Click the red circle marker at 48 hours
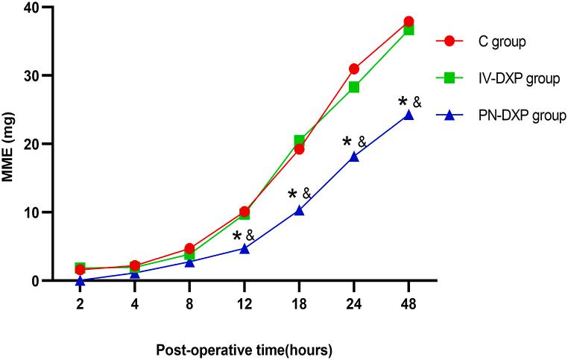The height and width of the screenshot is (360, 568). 408,22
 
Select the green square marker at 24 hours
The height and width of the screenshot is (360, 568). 354,87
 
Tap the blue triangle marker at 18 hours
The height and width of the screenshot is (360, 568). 299,211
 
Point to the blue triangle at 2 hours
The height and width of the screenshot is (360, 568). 80,280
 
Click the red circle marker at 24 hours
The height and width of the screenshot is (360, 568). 354,69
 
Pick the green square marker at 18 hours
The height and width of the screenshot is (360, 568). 299,141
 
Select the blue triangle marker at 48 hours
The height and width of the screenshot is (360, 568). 408,115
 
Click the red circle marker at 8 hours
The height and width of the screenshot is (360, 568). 189,248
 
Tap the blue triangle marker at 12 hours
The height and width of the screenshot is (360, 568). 244,248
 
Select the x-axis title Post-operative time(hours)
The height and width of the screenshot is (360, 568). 243,349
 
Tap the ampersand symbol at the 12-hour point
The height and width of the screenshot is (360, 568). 250,236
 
